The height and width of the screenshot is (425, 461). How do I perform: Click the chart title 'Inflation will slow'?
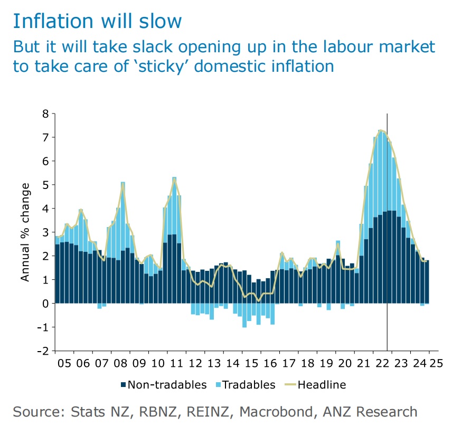(97, 21)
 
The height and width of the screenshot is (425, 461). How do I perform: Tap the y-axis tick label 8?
(45, 114)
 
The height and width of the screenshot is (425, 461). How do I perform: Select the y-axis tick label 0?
(45, 303)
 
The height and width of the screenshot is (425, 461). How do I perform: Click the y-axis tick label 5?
(45, 185)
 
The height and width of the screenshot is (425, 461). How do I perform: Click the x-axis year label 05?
(64, 364)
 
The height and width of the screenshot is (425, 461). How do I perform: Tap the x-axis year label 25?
(436, 364)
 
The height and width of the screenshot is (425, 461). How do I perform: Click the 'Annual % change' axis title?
(25, 232)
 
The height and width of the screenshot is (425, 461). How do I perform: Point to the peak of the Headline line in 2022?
(381, 130)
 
